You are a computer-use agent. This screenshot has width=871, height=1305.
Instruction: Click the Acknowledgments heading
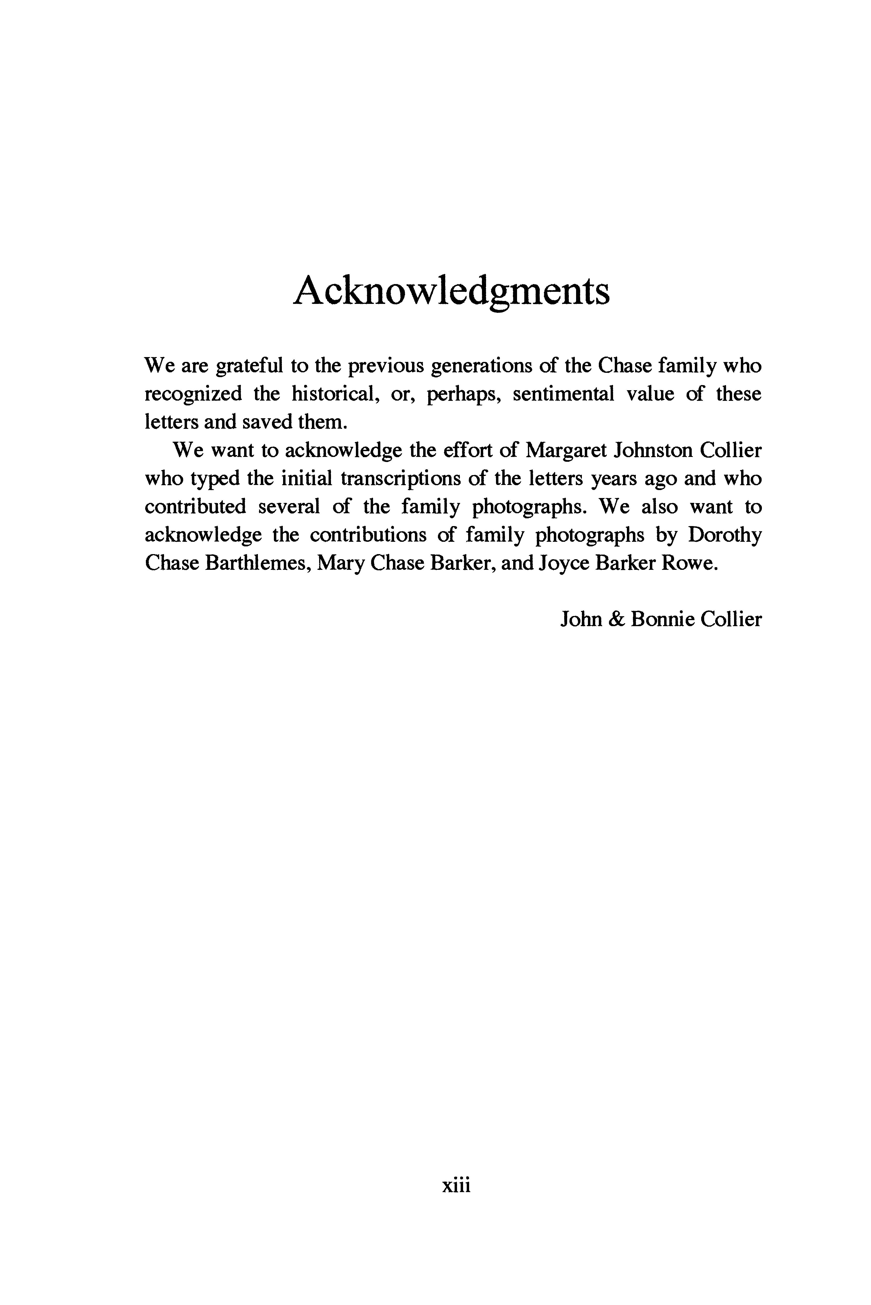451,291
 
